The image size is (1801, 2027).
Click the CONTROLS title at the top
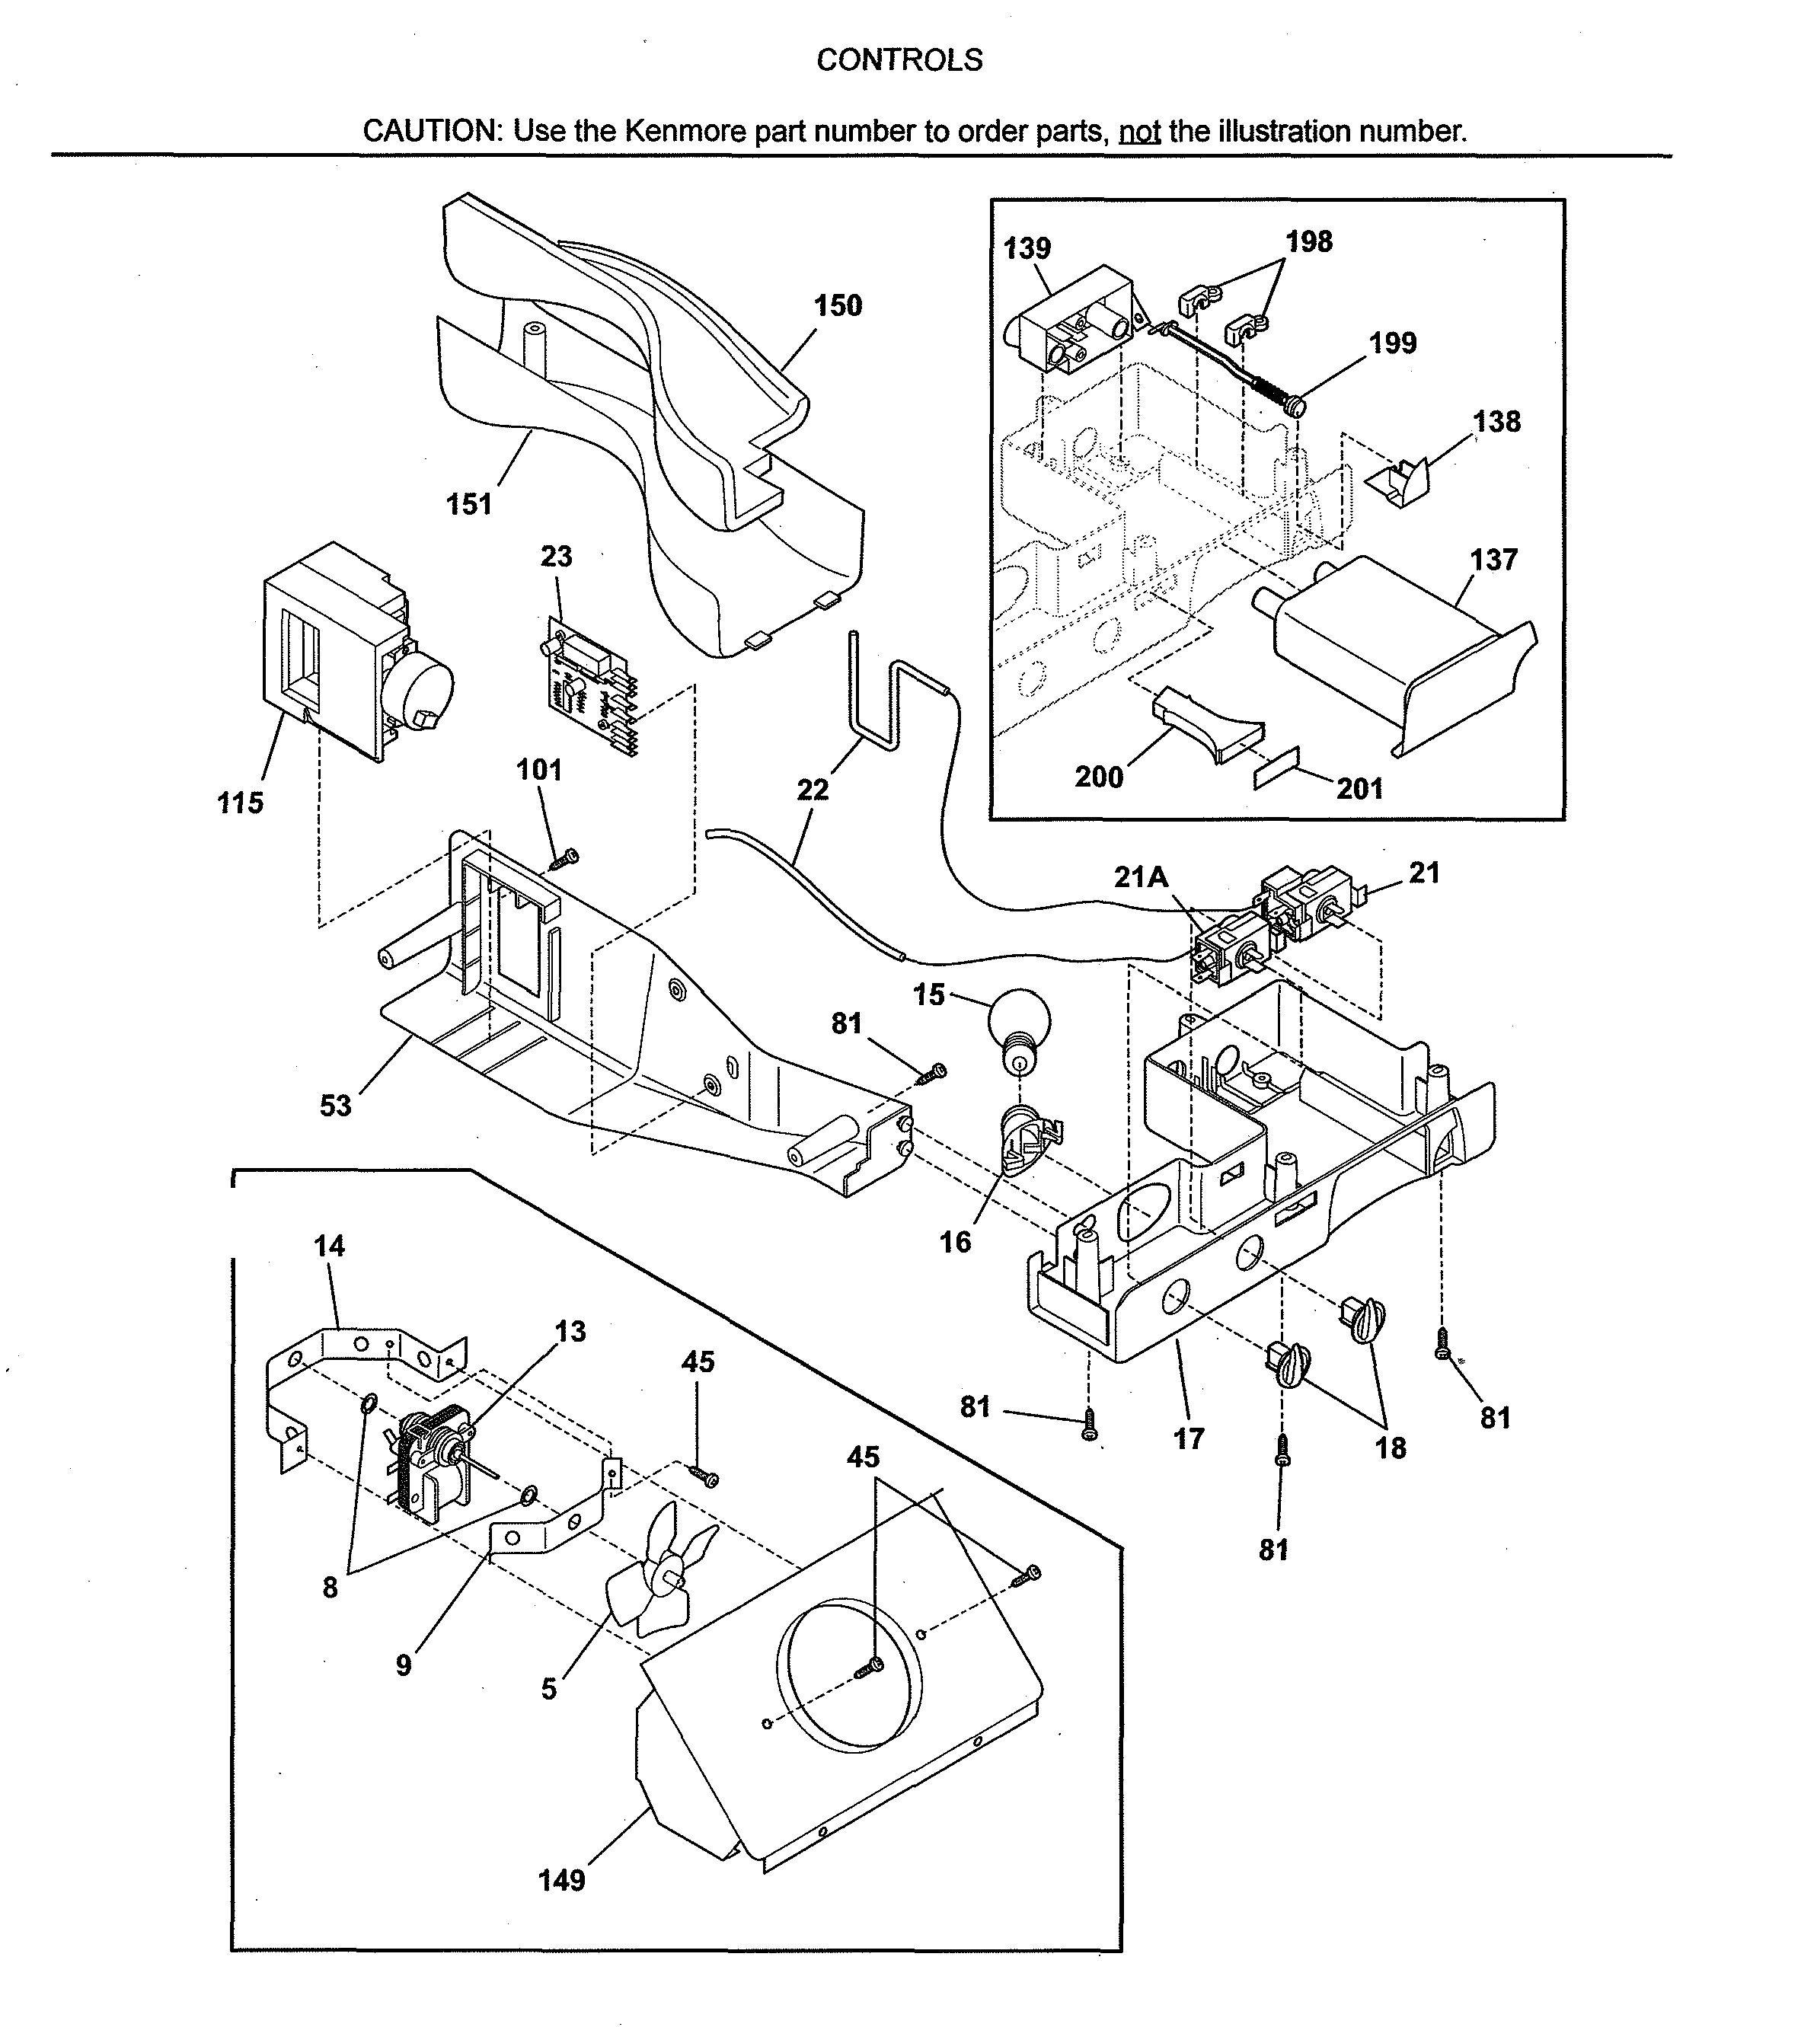pyautogui.click(x=899, y=60)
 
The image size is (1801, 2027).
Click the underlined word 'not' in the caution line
pyautogui.click(x=1139, y=132)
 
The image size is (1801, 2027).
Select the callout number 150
pyautogui.click(x=838, y=305)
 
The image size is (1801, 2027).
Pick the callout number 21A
pyautogui.click(x=1141, y=876)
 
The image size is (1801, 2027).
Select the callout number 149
pyautogui.click(x=561, y=1880)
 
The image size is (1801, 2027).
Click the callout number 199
pyautogui.click(x=1392, y=343)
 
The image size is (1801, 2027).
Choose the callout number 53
pyautogui.click(x=335, y=1105)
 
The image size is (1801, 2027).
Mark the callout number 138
pyautogui.click(x=1496, y=421)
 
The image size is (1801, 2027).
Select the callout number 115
pyautogui.click(x=241, y=803)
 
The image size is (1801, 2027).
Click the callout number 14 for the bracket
pyautogui.click(x=329, y=1246)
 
